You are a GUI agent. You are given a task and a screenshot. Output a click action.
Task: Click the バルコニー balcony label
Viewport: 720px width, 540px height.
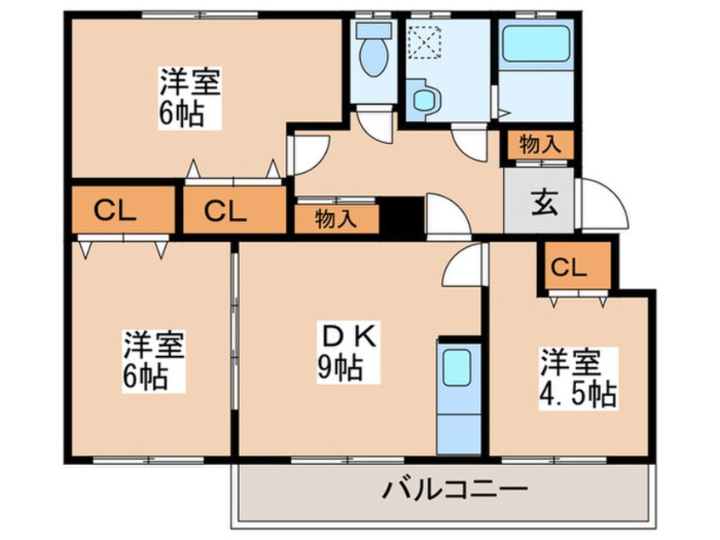(x=455, y=490)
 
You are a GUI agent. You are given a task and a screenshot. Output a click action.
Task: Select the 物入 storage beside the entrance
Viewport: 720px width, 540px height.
(x=540, y=145)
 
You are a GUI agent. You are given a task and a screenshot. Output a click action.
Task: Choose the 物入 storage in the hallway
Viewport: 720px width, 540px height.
(x=335, y=218)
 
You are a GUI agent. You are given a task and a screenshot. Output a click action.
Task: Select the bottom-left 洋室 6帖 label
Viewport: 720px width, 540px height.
(x=153, y=360)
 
